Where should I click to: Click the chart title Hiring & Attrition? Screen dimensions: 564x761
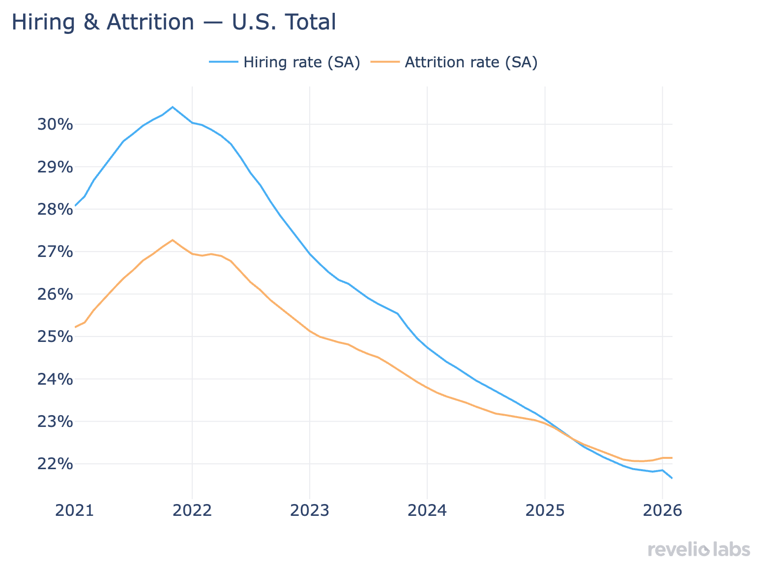click(x=174, y=23)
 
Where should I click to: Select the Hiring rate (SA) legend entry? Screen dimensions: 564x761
click(x=285, y=62)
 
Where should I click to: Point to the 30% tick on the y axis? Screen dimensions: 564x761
click(x=55, y=125)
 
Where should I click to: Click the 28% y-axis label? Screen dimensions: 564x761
click(x=55, y=210)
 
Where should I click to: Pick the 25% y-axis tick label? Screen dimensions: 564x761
click(x=55, y=337)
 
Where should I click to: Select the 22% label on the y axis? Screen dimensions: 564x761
click(x=55, y=464)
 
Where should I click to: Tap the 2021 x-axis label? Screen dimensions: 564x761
click(x=74, y=511)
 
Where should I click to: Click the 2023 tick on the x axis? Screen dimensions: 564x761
click(x=309, y=511)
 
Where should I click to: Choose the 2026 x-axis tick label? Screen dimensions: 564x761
click(x=662, y=511)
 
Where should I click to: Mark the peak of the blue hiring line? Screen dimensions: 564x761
click(x=172, y=107)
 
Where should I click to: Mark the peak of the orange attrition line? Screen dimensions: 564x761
click(x=172, y=240)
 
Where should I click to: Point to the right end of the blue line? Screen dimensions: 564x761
click(x=672, y=478)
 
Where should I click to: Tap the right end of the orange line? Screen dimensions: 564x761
click(x=672, y=458)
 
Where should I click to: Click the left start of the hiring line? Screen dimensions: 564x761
click(x=75, y=206)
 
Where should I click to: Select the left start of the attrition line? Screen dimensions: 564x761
click(x=75, y=327)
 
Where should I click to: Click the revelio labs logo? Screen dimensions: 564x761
click(x=699, y=549)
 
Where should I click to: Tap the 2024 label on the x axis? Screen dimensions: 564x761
click(x=427, y=511)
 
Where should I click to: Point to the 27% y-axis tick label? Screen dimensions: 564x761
click(x=55, y=252)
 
